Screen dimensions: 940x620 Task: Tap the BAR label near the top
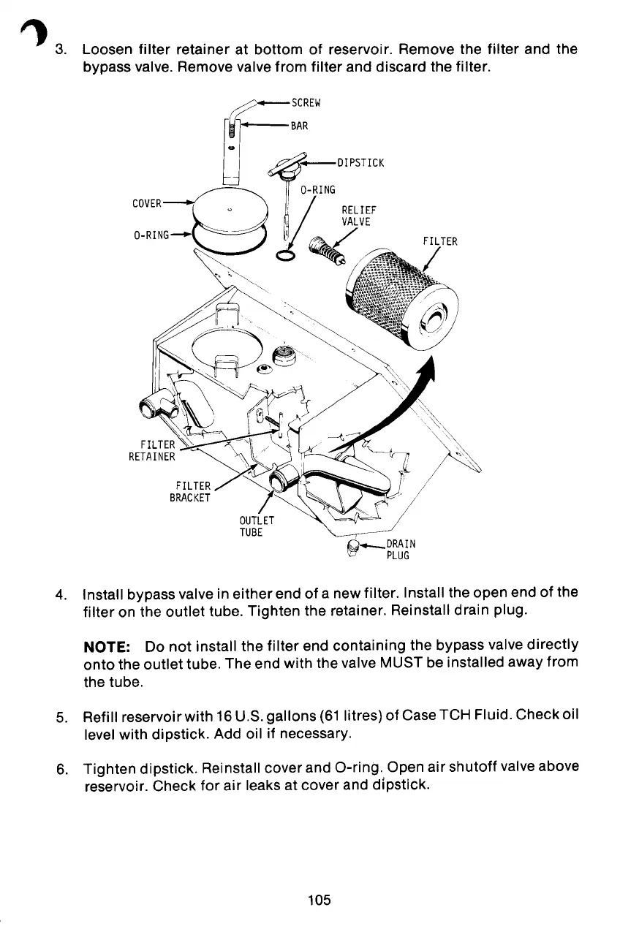299,125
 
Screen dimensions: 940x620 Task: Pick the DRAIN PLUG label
401,549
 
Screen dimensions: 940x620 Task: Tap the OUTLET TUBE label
256,526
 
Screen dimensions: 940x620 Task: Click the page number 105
319,900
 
